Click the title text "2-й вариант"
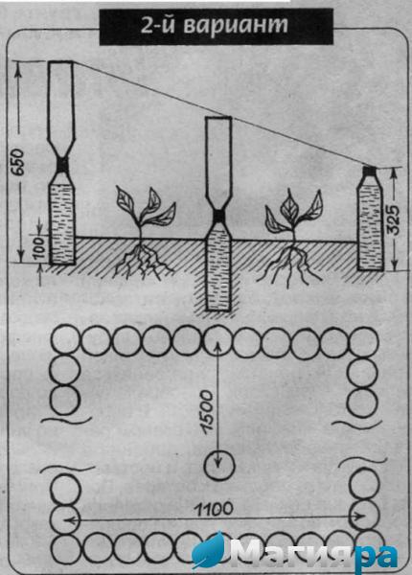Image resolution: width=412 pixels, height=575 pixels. point(215,26)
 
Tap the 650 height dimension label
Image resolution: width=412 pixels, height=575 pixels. point(18,161)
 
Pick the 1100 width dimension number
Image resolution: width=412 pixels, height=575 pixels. point(214,509)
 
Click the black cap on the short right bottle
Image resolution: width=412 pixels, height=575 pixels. point(371,171)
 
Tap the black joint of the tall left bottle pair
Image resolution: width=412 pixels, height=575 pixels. point(62,165)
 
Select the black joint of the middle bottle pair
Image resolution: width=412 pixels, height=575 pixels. point(218,217)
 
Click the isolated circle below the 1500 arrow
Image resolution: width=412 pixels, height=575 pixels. point(218,466)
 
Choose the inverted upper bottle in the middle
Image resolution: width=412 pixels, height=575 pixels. point(218,163)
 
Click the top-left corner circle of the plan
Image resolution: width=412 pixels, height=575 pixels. point(65,340)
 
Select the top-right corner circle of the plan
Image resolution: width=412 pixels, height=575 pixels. point(364,341)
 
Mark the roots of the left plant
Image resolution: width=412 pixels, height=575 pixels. point(142,261)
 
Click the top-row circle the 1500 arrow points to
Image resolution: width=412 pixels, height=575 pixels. point(218,340)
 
